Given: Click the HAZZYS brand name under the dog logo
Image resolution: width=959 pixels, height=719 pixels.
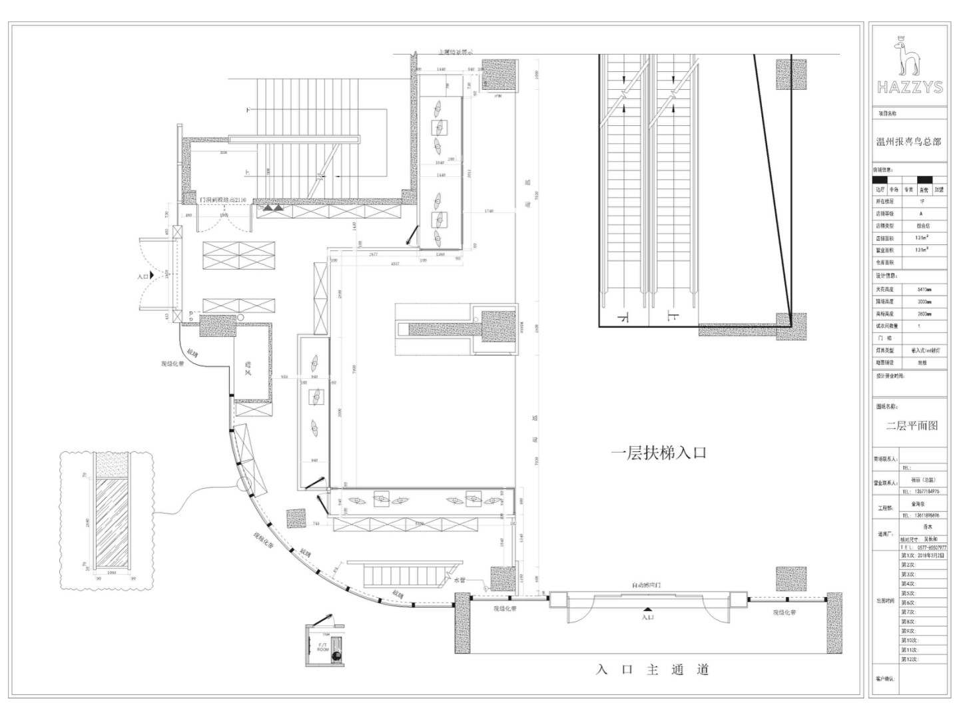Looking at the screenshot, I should tap(910, 87).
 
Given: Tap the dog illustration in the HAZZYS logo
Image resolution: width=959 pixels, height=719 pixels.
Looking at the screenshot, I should tap(905, 56).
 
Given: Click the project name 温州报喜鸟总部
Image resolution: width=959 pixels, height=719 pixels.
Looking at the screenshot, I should tap(909, 142).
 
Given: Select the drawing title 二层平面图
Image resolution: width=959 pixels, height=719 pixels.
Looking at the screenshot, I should tap(912, 425).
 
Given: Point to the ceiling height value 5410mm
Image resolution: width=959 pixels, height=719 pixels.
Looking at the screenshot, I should tap(924, 290).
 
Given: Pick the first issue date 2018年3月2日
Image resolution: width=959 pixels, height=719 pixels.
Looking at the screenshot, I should tap(923, 555).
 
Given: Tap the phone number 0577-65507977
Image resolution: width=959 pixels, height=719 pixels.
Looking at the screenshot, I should tap(927, 547).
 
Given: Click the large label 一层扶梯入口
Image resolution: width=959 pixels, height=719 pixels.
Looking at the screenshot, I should tap(659, 453).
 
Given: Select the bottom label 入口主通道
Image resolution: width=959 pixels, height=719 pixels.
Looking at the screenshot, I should tap(652, 670).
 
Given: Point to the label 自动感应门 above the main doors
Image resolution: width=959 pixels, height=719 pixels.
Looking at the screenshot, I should tap(646, 585).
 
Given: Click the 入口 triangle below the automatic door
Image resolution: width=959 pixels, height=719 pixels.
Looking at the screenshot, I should tap(647, 610).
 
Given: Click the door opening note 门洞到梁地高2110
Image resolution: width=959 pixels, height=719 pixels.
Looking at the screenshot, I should tap(223, 200).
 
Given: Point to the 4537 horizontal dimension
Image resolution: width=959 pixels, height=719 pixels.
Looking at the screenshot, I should tap(395, 264).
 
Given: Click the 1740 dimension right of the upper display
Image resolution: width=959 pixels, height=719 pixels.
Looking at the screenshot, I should tap(489, 211).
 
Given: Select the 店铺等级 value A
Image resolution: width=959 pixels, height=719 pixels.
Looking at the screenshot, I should tap(922, 214).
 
